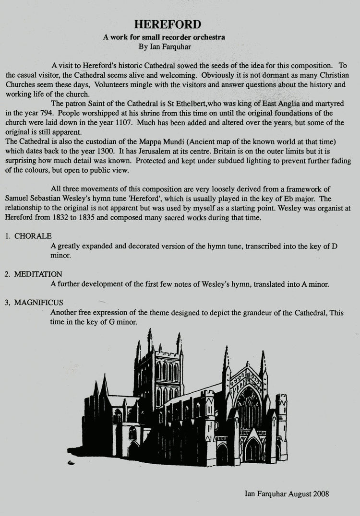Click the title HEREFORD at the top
coord(168,24)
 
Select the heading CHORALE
coord(33,236)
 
